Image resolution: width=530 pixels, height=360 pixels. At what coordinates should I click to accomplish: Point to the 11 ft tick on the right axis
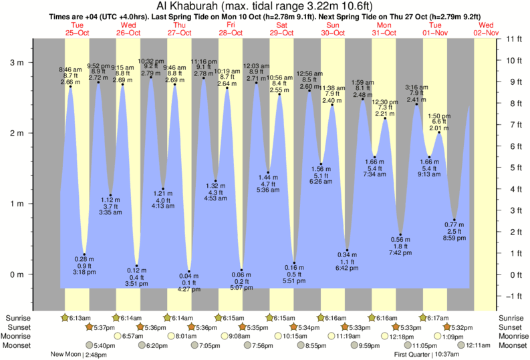(511, 39)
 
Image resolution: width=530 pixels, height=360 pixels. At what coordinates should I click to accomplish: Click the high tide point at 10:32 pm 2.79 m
(150, 77)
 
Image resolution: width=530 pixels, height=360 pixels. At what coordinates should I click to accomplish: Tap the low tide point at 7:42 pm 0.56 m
(400, 234)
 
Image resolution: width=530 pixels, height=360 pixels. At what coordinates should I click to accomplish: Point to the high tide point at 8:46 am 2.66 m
(70, 87)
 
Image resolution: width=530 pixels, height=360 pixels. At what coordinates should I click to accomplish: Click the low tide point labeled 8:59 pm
(454, 220)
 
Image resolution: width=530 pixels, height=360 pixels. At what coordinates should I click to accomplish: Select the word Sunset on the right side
(511, 327)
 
